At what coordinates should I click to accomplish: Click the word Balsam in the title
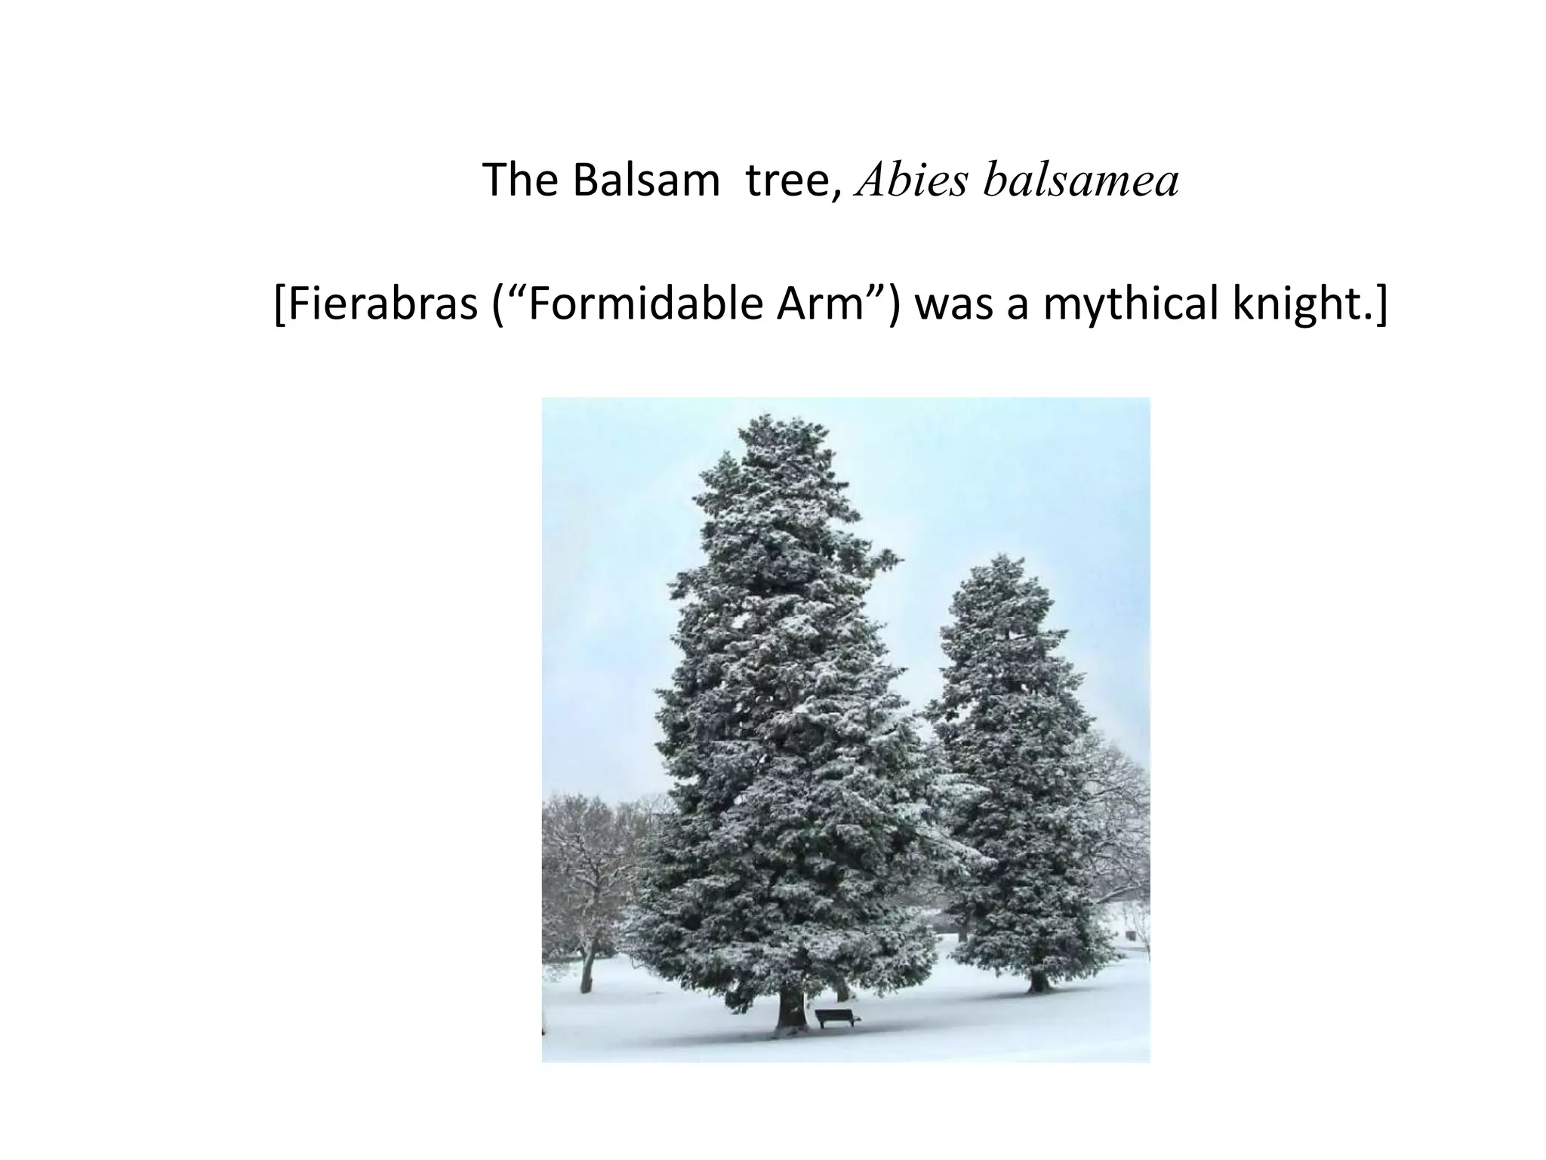pos(645,180)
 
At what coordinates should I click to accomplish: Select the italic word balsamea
pos(1080,182)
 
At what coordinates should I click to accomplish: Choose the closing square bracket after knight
pos(1381,305)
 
